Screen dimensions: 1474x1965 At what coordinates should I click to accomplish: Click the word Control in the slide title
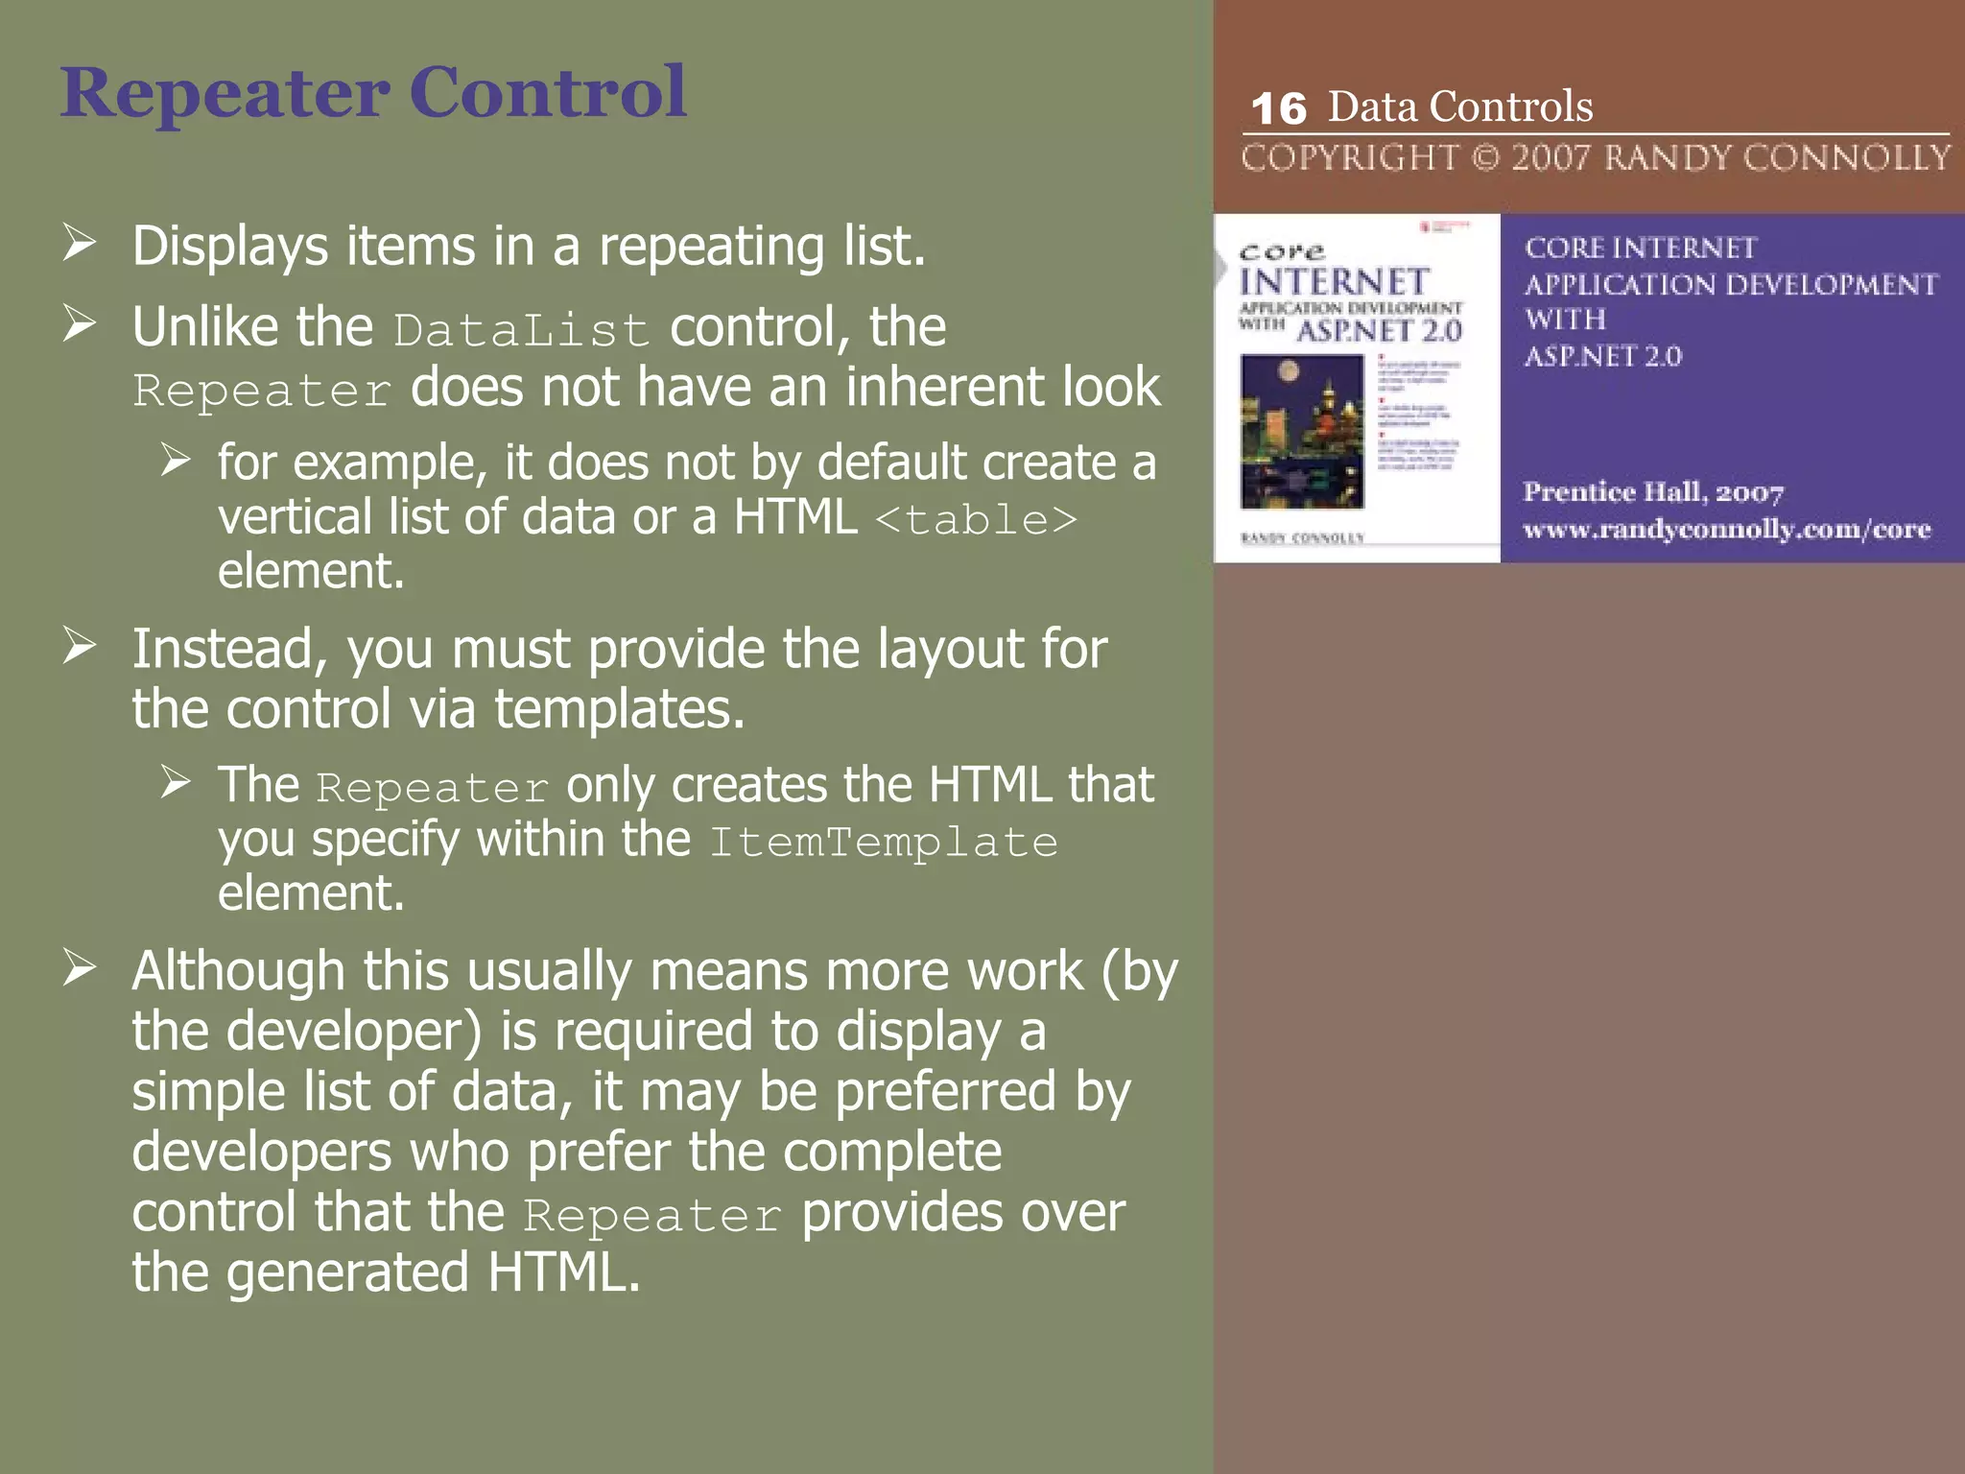[x=548, y=93]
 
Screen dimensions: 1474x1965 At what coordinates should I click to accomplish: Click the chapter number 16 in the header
[x=1278, y=109]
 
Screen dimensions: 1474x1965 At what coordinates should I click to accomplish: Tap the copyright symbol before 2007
[x=1485, y=157]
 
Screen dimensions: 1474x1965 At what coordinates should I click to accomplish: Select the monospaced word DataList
[x=521, y=330]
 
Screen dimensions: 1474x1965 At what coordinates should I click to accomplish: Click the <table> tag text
[x=977, y=520]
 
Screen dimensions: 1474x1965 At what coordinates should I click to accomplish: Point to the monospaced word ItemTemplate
[x=884, y=843]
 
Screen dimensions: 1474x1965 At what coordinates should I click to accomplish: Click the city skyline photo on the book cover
[x=1302, y=431]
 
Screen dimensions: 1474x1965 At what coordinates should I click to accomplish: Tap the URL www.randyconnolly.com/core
[x=1726, y=530]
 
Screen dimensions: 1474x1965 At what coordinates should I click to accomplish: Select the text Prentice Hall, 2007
[x=1653, y=492]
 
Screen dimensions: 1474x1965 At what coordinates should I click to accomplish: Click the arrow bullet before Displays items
[x=80, y=243]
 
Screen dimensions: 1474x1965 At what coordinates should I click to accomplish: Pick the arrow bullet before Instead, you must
[x=80, y=646]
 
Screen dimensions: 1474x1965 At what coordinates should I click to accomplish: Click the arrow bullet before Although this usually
[x=80, y=967]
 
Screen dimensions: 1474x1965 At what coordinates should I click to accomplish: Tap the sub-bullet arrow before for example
[x=176, y=460]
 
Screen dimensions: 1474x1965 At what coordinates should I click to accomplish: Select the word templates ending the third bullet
[x=619, y=710]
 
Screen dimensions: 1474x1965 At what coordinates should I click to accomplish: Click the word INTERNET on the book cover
[x=1335, y=282]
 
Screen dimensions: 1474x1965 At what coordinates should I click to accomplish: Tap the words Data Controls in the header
[x=1459, y=107]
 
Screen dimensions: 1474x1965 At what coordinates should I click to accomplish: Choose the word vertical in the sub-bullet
[x=294, y=517]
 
